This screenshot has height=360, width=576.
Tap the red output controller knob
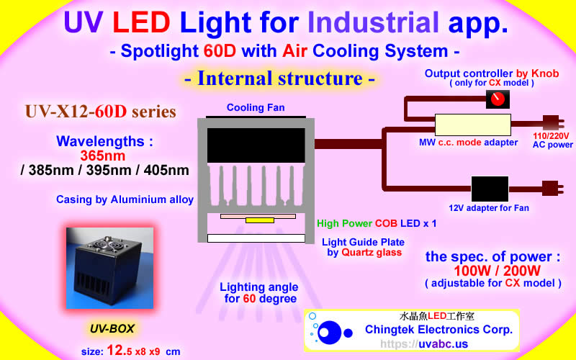click(496, 101)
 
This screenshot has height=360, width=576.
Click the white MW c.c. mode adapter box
click(472, 125)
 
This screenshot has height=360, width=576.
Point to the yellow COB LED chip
click(255, 220)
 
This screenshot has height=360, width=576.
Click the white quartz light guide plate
click(255, 238)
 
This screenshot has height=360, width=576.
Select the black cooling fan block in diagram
click(255, 145)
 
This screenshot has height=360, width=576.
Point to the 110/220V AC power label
click(552, 140)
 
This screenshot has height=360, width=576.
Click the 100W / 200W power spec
click(492, 270)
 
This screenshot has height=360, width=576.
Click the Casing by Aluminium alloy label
click(125, 199)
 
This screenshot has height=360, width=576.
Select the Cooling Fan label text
click(255, 108)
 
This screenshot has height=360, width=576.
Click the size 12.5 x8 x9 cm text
click(130, 351)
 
